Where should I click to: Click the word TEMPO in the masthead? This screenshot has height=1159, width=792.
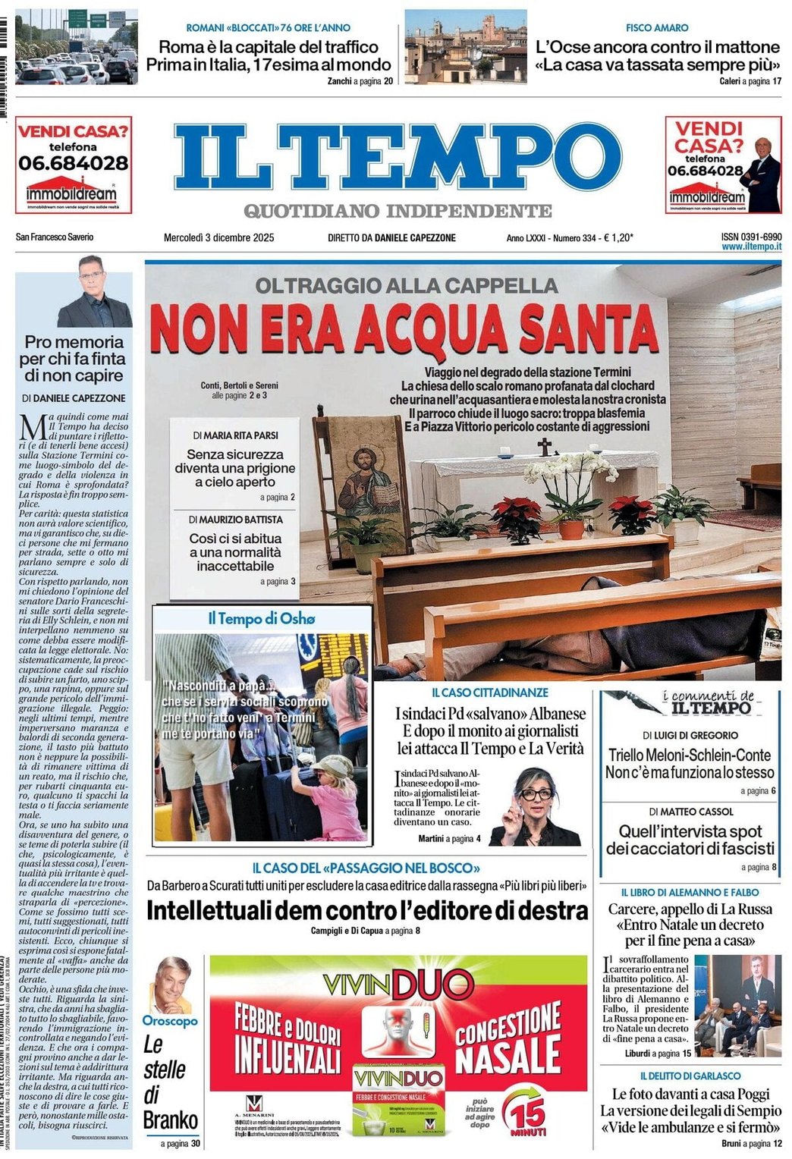tap(463, 156)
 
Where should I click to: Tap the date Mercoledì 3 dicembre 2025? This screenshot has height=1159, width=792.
tap(218, 237)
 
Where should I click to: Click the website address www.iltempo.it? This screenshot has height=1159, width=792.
tap(751, 247)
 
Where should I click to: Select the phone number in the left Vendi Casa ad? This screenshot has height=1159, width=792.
tap(74, 162)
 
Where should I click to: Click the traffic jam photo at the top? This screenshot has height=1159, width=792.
tap(76, 47)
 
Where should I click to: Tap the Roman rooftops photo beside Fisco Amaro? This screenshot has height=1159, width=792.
tap(465, 47)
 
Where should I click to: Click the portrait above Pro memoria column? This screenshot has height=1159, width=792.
tap(95, 293)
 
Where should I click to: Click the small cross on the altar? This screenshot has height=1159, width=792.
tap(544, 447)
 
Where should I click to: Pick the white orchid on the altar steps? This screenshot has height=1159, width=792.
tap(569, 478)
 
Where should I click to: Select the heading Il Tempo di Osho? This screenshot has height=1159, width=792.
tap(262, 619)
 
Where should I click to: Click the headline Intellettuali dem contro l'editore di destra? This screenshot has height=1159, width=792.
tap(366, 910)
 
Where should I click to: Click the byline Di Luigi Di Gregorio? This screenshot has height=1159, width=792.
tap(690, 735)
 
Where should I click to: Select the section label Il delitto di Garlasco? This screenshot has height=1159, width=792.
tap(690, 1076)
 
